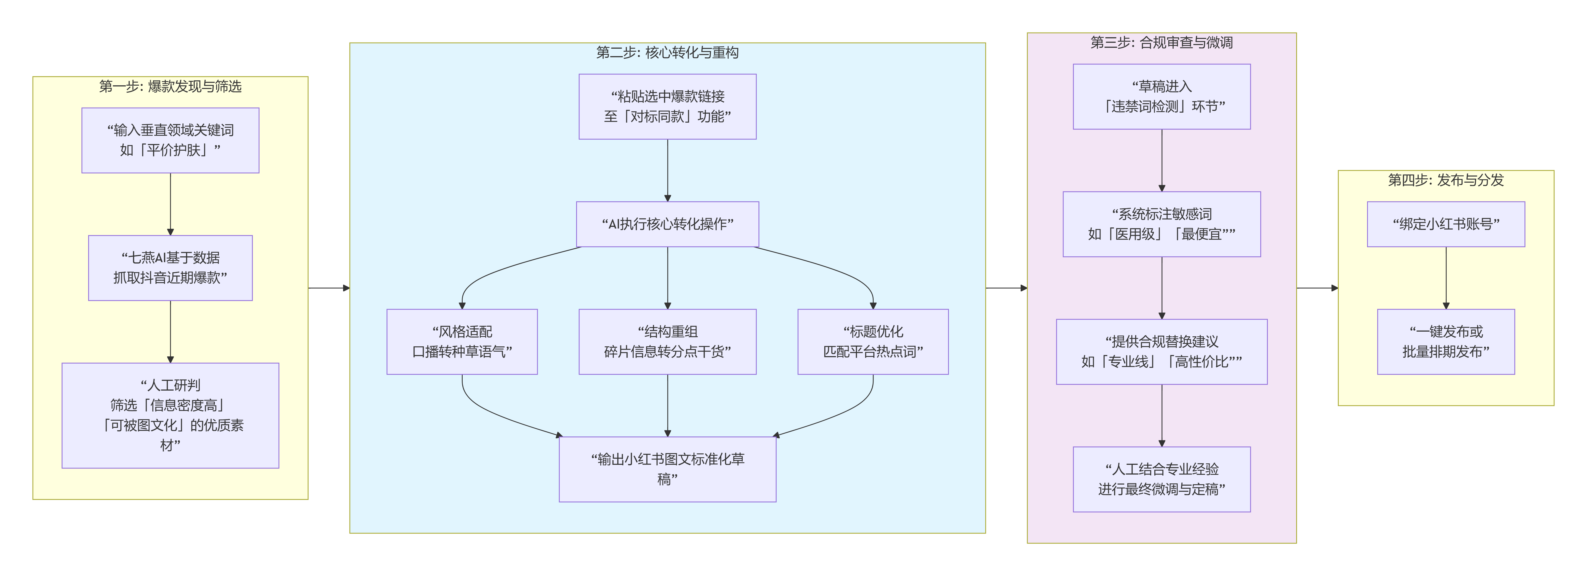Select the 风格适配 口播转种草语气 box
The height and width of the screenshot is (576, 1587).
[462, 342]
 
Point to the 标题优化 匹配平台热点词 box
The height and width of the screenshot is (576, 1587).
[873, 342]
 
